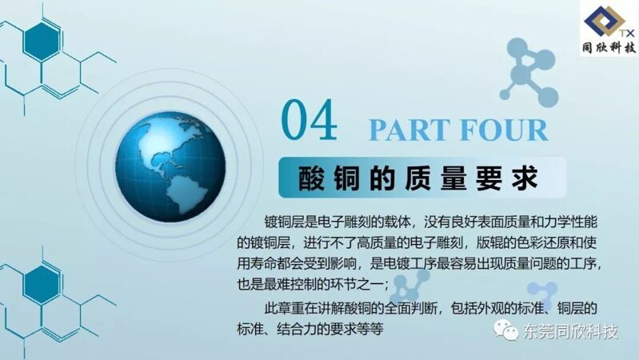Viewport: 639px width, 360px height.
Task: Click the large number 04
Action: point(310,121)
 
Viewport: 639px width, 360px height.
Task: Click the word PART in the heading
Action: point(409,130)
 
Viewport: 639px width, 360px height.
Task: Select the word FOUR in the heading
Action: point(504,130)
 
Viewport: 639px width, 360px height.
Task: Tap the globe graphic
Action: point(170,166)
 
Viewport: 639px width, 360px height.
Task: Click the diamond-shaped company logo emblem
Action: point(605,22)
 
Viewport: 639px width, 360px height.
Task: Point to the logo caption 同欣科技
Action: point(609,48)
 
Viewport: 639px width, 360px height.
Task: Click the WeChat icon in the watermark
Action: point(505,330)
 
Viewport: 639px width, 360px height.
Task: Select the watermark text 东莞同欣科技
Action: point(570,331)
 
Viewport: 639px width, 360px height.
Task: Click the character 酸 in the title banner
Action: point(312,178)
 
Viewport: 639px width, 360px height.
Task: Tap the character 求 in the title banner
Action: point(525,178)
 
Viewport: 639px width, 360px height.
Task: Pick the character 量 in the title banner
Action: point(453,178)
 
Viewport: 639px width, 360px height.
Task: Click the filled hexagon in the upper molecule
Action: point(42,42)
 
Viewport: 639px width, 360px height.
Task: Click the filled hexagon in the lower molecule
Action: point(42,285)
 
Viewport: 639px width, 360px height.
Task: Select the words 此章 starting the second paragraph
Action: point(278,307)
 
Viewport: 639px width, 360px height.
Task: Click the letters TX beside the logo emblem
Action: point(628,33)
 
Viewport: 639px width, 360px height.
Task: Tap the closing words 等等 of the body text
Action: point(370,328)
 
